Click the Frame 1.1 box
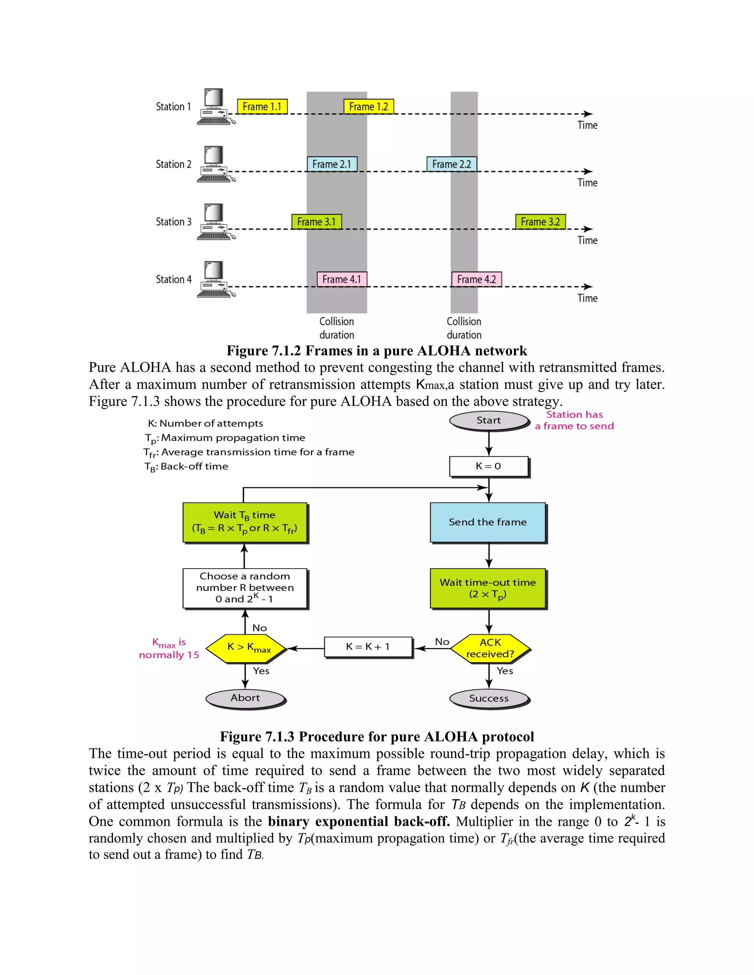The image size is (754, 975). (262, 107)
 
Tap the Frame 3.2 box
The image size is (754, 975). (540, 222)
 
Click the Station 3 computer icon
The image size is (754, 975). (215, 222)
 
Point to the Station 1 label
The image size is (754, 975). (173, 107)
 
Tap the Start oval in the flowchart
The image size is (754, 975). (489, 421)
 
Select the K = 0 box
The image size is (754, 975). (489, 467)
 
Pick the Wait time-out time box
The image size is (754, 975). (488, 588)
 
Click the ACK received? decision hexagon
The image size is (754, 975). (490, 648)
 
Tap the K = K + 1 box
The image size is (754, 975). (368, 647)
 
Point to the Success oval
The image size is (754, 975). (489, 699)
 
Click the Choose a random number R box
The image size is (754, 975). (245, 588)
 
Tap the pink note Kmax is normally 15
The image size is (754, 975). (169, 649)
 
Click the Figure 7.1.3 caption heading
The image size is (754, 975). (377, 737)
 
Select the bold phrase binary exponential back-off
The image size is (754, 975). (359, 822)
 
